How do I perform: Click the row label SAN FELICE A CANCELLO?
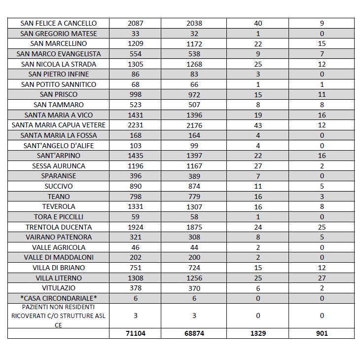[59, 23]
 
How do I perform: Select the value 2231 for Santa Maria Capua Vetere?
[136, 125]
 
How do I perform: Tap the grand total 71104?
[136, 333]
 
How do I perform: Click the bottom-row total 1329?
[258, 333]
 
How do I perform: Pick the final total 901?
[321, 333]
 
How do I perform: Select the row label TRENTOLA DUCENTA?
[59, 227]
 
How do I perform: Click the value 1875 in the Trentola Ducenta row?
[194, 227]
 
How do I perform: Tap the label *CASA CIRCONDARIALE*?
[59, 298]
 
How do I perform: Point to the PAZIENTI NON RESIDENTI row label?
[59, 316]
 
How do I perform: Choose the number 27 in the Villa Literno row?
[321, 278]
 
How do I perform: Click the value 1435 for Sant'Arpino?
[136, 156]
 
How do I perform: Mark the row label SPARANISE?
[59, 176]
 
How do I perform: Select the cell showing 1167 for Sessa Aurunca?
[194, 166]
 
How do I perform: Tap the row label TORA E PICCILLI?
[59, 217]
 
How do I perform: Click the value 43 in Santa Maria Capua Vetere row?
[258, 125]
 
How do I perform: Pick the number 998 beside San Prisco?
[136, 94]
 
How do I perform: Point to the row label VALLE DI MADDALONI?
[59, 257]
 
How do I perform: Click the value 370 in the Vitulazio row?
[194, 288]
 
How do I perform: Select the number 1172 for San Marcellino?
[194, 43]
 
